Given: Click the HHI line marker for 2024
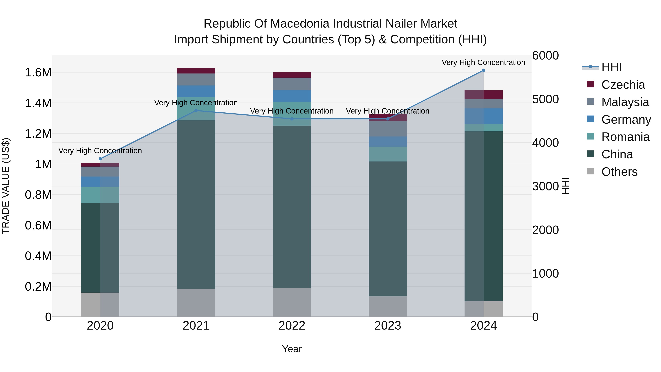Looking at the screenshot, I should coord(483,70).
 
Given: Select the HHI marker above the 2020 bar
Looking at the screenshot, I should coord(100,159).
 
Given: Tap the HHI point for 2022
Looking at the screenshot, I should coord(292,119).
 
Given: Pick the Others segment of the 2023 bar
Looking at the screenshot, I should coord(388,307).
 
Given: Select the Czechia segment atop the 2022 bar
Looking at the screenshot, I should coord(292,75).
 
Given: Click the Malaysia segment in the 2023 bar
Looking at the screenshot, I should coord(388,129).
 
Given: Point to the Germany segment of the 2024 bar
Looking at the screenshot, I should coord(483,116).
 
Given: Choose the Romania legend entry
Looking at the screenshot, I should coord(625,137).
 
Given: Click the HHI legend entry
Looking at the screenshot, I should coord(611,67).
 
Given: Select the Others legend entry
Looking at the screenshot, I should coord(619,172).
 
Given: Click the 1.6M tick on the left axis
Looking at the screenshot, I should coord(38,73).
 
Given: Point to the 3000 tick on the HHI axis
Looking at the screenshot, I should coord(545,186).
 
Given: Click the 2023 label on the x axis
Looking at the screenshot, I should coord(388,326).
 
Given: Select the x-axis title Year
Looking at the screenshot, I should coord(292,349).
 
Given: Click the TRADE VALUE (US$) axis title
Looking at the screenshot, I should coord(6,186).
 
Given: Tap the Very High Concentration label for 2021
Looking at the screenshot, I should coord(196,103).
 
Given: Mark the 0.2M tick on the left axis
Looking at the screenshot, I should coord(38,287).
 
